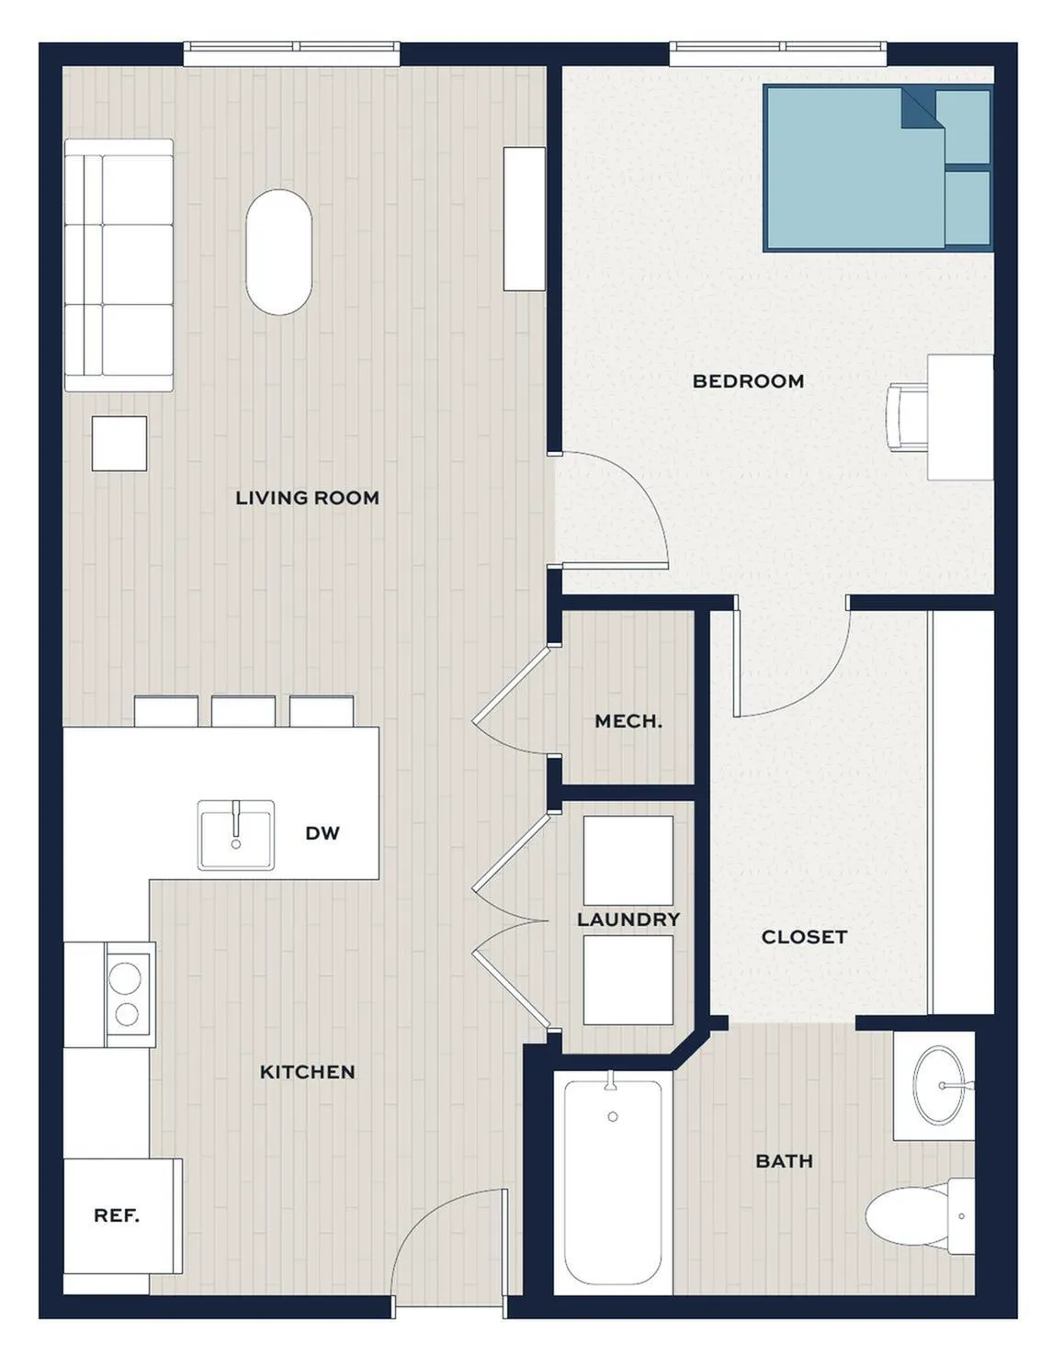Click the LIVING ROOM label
click(307, 498)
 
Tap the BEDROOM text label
click(748, 381)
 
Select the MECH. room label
click(628, 721)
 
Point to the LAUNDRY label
click(628, 920)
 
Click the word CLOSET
click(804, 937)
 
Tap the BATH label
click(784, 1161)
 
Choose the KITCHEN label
click(307, 1072)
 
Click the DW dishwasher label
click(322, 833)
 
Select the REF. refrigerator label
click(117, 1215)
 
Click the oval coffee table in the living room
click(278, 252)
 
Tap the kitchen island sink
click(236, 835)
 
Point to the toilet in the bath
click(920, 1216)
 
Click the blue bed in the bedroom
click(878, 168)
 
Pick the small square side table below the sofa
click(119, 444)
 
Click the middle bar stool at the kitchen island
click(243, 711)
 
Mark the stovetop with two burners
click(127, 995)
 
